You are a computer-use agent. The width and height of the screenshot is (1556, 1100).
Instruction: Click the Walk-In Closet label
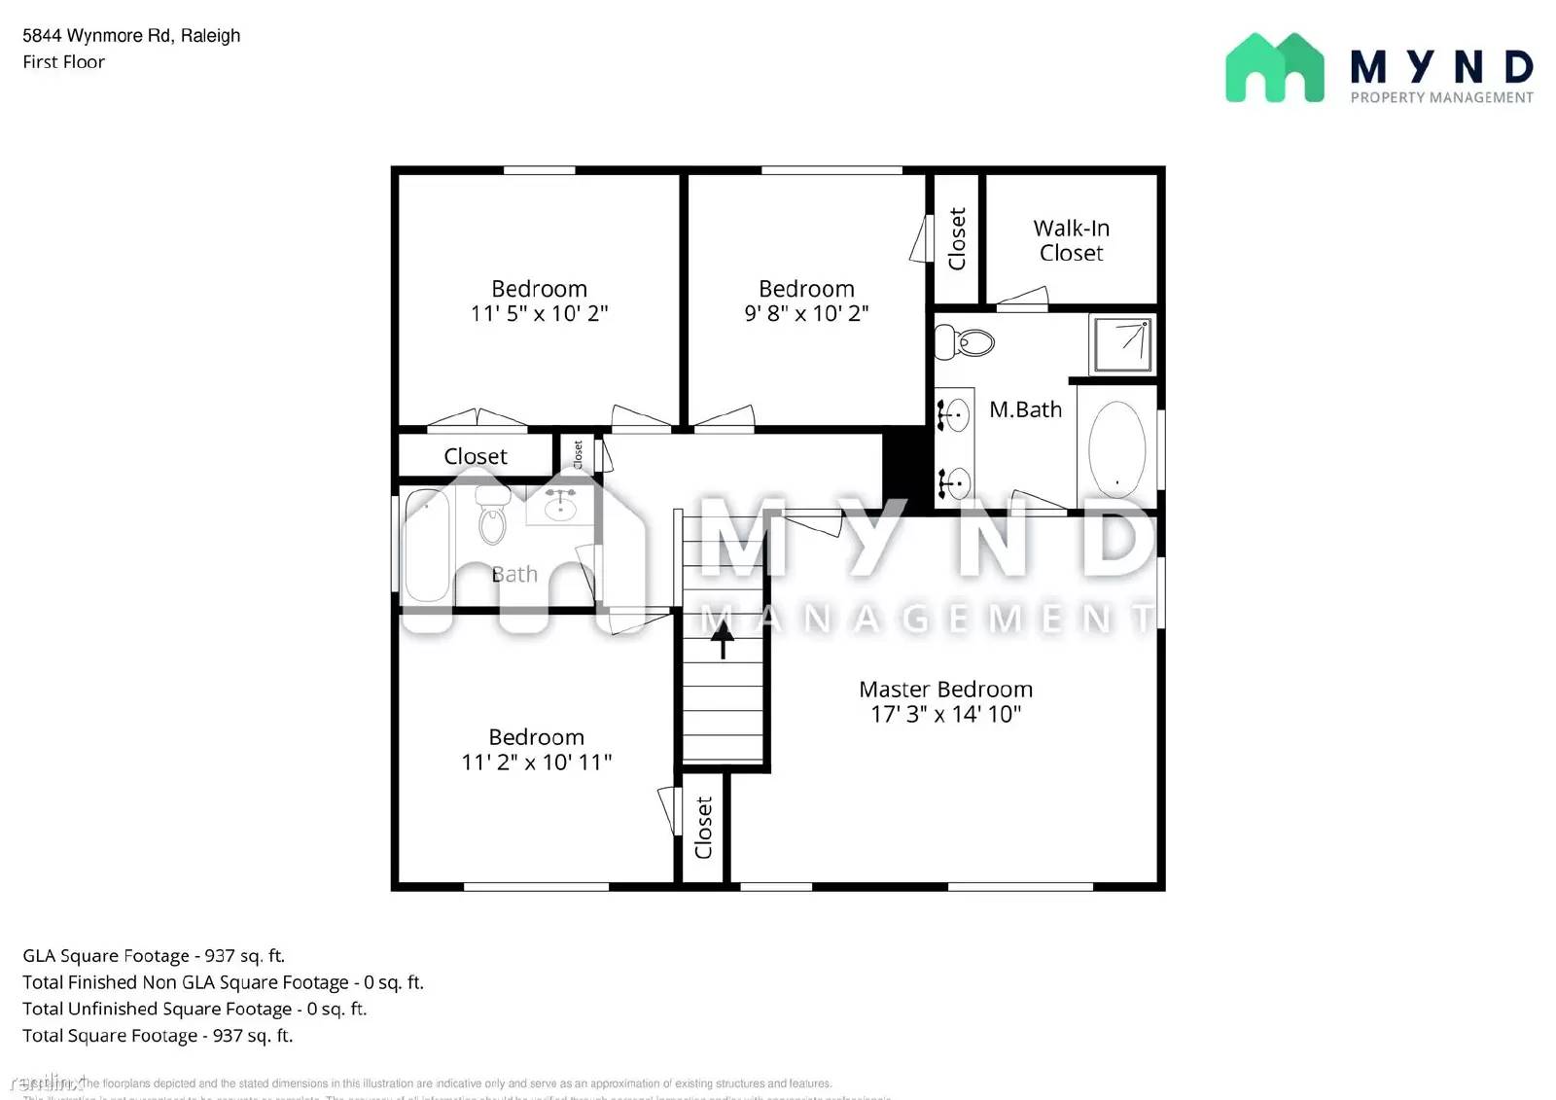click(x=1071, y=240)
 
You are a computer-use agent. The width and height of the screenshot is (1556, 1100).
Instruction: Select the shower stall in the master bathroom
click(x=1122, y=343)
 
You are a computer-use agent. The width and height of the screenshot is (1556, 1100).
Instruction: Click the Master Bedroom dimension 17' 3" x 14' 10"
click(x=945, y=714)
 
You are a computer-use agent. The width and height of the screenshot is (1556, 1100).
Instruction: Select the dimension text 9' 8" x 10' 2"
click(x=806, y=313)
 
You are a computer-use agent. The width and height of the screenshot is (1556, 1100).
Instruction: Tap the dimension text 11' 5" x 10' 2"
click(x=539, y=313)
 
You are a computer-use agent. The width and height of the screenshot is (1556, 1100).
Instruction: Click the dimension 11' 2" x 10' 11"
click(x=536, y=762)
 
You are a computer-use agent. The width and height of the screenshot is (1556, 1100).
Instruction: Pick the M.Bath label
click(x=1025, y=409)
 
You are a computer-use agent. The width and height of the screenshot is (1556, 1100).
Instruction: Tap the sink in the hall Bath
click(x=559, y=505)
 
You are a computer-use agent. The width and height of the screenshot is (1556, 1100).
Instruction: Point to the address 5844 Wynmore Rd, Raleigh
click(x=131, y=36)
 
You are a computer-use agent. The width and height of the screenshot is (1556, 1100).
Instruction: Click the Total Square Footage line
click(x=158, y=1036)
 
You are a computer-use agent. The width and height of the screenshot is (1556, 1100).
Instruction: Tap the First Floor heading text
click(x=63, y=62)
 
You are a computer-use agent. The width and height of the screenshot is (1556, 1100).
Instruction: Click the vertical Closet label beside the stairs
click(x=704, y=828)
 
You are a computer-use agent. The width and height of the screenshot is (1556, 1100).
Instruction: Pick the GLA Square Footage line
click(x=154, y=956)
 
